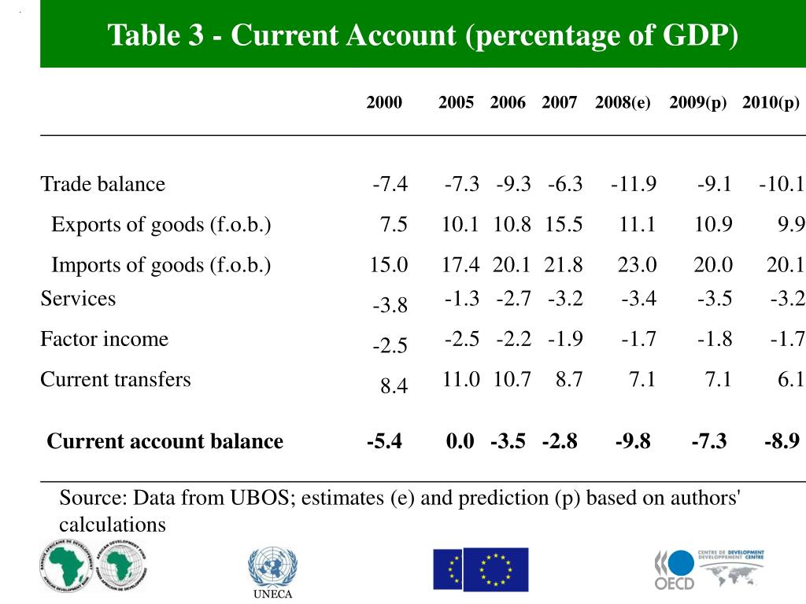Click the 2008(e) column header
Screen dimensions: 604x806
tap(623, 102)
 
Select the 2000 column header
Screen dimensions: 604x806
tap(384, 102)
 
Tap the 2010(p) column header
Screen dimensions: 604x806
tap(770, 102)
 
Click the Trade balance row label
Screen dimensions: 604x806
tap(103, 184)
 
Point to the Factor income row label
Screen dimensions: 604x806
tap(105, 339)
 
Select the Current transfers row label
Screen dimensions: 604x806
tap(116, 379)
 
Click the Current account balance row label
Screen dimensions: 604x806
tap(165, 441)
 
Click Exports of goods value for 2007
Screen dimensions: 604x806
tap(564, 224)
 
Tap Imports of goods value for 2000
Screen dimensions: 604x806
tap(389, 265)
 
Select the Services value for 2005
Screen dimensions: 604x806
tap(462, 298)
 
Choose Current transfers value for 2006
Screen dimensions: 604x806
tap(512, 379)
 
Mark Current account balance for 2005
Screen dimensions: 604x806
tap(460, 441)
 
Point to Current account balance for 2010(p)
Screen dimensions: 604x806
tap(782, 441)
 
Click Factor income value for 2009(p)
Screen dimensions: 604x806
tap(714, 339)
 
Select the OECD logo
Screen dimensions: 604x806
tap(675, 569)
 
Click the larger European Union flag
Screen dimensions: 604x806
tap(496, 569)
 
